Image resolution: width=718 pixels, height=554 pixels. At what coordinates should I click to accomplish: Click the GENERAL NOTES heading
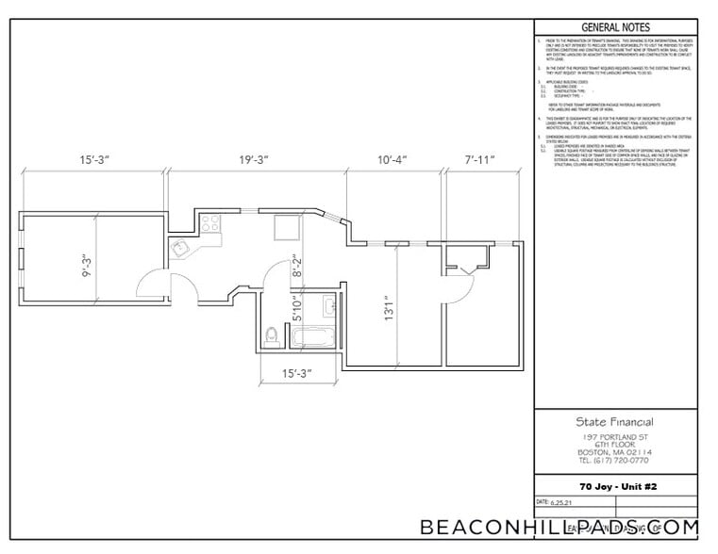(614, 26)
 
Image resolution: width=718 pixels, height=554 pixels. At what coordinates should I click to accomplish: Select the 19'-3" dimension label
(255, 161)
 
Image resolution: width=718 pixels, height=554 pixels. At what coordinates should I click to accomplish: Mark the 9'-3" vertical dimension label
(86, 264)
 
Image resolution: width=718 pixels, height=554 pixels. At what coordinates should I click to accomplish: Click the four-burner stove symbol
(209, 224)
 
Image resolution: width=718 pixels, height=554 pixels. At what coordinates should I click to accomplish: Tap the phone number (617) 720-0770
(614, 461)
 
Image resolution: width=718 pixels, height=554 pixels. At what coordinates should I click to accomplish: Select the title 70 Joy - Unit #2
(614, 486)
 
